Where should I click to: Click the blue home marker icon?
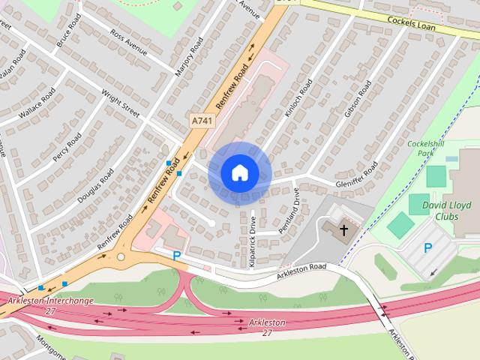pyautogui.click(x=239, y=173)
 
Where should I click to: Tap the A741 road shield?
pyautogui.click(x=200, y=120)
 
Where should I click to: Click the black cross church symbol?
pyautogui.click(x=344, y=230)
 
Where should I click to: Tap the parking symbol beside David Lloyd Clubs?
pyautogui.click(x=428, y=248)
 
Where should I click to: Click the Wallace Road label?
pyautogui.click(x=37, y=103)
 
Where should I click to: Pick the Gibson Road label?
pyautogui.click(x=358, y=99)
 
